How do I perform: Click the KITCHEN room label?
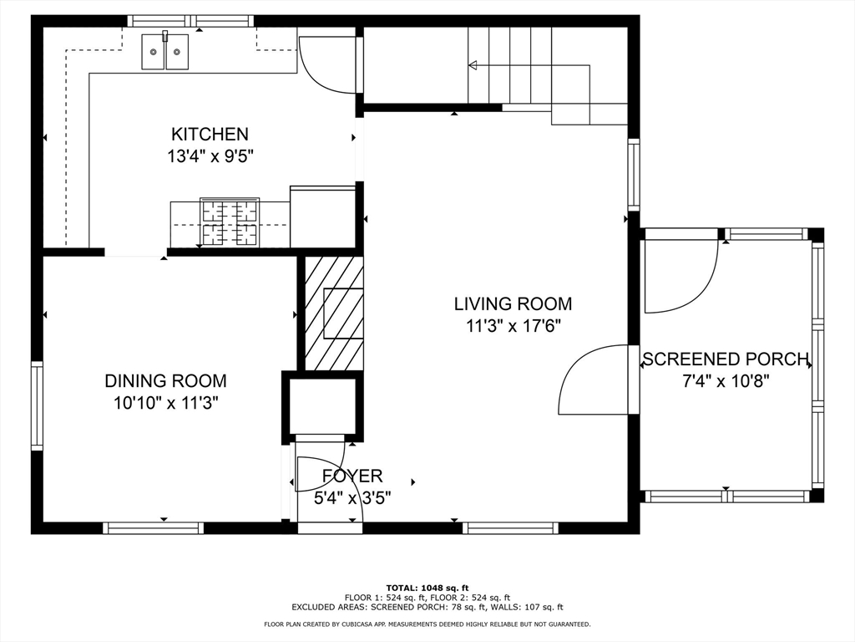(x=210, y=134)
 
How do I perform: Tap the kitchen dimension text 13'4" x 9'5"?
(x=210, y=156)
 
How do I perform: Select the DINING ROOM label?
(x=166, y=380)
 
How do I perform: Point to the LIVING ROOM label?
(x=514, y=303)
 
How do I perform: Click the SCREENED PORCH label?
(x=726, y=359)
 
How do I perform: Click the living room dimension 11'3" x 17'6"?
(x=514, y=327)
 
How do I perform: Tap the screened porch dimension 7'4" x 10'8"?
(x=726, y=381)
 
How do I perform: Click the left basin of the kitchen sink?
(x=154, y=52)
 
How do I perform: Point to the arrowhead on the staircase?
(x=473, y=65)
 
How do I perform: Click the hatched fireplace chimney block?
(x=333, y=313)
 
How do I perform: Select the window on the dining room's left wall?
(x=37, y=405)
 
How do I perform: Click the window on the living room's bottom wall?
(x=510, y=528)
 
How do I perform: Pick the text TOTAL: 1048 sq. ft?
(x=427, y=588)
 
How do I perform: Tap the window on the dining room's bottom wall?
(x=154, y=528)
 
